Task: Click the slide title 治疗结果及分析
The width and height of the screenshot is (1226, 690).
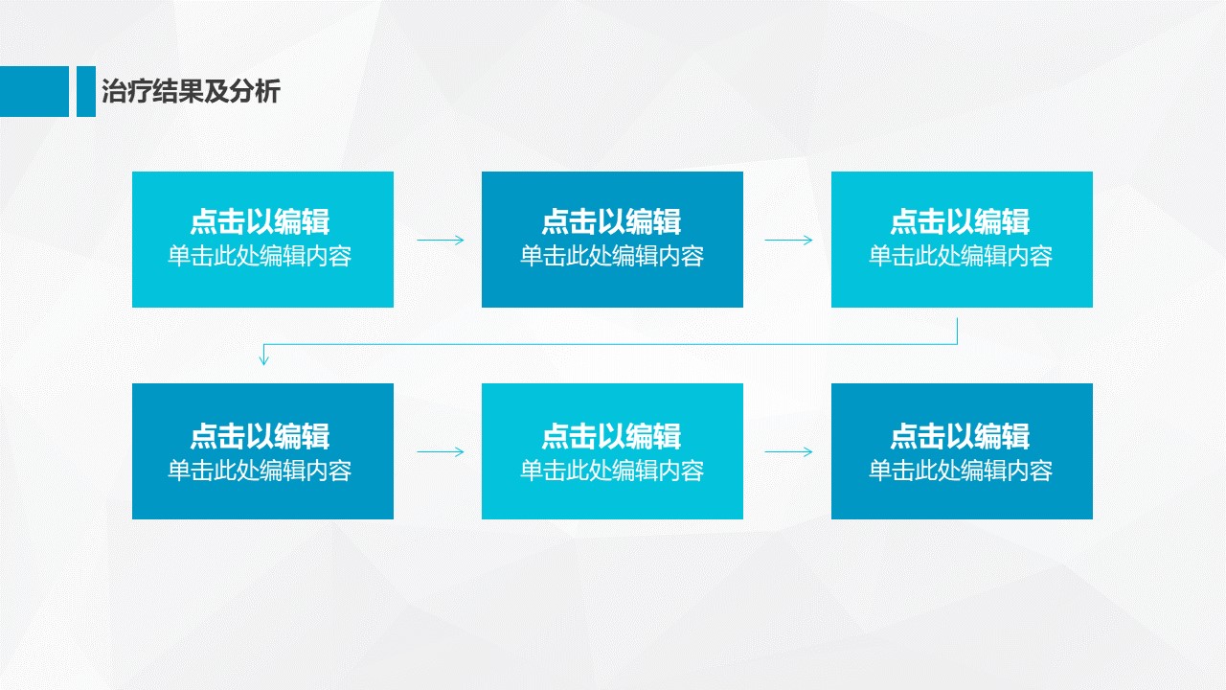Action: pyautogui.click(x=191, y=91)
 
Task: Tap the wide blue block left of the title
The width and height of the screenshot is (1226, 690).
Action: pyautogui.click(x=34, y=91)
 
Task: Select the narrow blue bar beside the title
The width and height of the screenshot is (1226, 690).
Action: pyautogui.click(x=86, y=91)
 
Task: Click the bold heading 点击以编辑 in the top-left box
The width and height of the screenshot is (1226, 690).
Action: pyautogui.click(x=260, y=221)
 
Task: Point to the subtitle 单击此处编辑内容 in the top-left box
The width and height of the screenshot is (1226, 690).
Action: pyautogui.click(x=260, y=256)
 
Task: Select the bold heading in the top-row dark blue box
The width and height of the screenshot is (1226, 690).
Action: pyautogui.click(x=611, y=221)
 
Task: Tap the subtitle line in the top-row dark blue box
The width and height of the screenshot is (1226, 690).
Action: pyautogui.click(x=612, y=256)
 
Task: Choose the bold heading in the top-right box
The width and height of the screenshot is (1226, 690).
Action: pyautogui.click(x=961, y=221)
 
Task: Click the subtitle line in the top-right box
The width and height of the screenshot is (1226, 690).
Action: pyautogui.click(x=961, y=256)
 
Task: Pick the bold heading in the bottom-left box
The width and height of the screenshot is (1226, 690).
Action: pyautogui.click(x=260, y=436)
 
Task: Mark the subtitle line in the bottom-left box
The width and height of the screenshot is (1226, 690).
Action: pyautogui.click(x=260, y=471)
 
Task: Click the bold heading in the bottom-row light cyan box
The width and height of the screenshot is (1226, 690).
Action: pyautogui.click(x=611, y=436)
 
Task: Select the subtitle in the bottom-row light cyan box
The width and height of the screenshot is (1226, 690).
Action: pyautogui.click(x=612, y=471)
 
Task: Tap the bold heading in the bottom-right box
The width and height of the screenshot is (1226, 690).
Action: pyautogui.click(x=961, y=436)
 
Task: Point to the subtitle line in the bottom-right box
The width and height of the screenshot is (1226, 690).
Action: pyautogui.click(x=961, y=471)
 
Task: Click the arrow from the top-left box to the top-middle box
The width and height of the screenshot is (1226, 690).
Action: pyautogui.click(x=440, y=240)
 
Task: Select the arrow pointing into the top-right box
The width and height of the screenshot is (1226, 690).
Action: pyautogui.click(x=788, y=240)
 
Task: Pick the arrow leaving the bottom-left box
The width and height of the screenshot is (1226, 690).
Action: pyautogui.click(x=440, y=451)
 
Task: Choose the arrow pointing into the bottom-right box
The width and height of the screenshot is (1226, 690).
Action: pyautogui.click(x=788, y=451)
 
